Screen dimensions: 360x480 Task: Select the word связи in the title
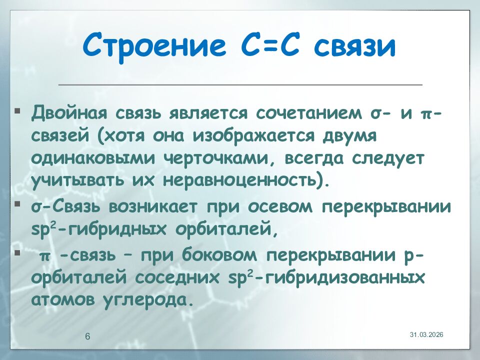[x=356, y=45]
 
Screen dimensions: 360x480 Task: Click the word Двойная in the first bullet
[x=70, y=113]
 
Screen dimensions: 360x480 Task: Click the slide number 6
[x=87, y=336]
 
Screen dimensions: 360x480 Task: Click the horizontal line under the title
[x=240, y=84]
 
